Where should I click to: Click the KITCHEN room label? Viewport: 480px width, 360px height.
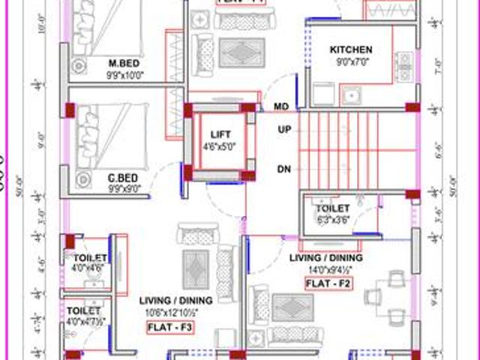(x=351, y=50)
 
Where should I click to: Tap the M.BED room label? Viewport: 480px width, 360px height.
(x=121, y=63)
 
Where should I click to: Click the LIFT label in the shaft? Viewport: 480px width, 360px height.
(x=220, y=136)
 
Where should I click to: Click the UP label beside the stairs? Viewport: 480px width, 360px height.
(x=284, y=130)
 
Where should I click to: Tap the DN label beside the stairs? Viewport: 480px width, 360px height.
(x=284, y=169)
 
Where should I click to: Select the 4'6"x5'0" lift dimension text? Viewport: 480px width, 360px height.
(x=220, y=148)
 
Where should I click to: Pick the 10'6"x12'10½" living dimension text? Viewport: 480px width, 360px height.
(x=176, y=313)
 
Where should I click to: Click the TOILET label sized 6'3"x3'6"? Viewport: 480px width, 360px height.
(x=334, y=208)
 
